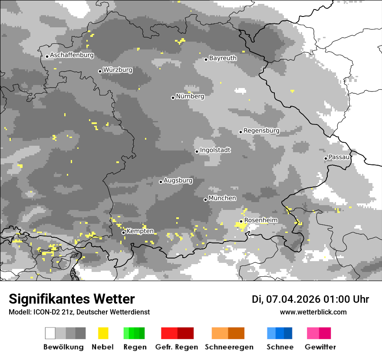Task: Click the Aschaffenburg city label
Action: pyautogui.click(x=72, y=55)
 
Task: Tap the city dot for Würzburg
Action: pyautogui.click(x=100, y=71)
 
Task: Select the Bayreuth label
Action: pyautogui.click(x=223, y=58)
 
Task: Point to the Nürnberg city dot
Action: pyautogui.click(x=173, y=98)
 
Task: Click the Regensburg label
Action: pyautogui.click(x=261, y=131)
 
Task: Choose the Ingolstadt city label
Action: pyautogui.click(x=215, y=150)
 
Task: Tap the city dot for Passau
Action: pyautogui.click(x=326, y=158)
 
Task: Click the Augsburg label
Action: pyautogui.click(x=178, y=180)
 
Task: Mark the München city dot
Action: pyautogui.click(x=205, y=200)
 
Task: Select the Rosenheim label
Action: pyautogui.click(x=260, y=220)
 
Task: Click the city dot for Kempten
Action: pyautogui.click(x=123, y=232)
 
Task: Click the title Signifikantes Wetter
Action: pyautogui.click(x=72, y=299)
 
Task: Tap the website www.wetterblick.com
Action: pyautogui.click(x=313, y=312)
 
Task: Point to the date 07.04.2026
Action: pyautogui.click(x=293, y=299)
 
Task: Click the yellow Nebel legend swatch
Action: pyautogui.click(x=103, y=333)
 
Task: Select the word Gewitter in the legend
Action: pyautogui.click(x=320, y=347)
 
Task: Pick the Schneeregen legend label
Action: pyautogui.click(x=229, y=347)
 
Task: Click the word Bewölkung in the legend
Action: pyautogui.click(x=63, y=347)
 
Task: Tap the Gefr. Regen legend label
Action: pyautogui.click(x=176, y=347)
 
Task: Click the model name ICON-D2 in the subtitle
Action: pyautogui.click(x=46, y=312)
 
